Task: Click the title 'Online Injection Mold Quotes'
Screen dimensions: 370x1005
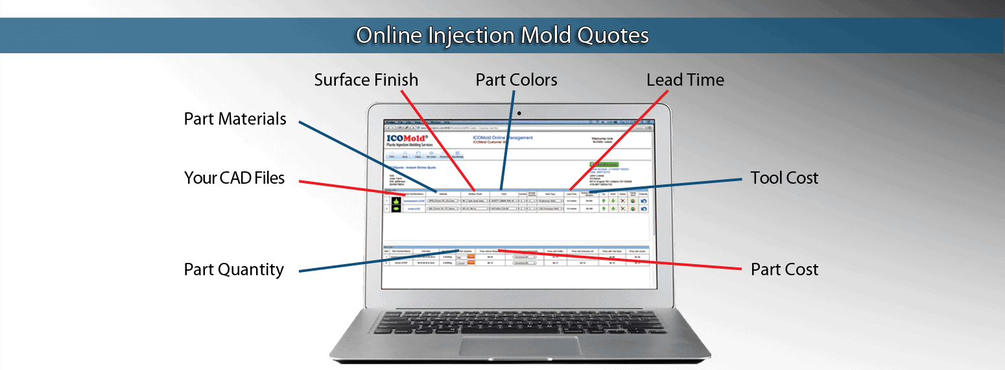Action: tap(503, 35)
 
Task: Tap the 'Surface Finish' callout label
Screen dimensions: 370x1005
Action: tap(366, 80)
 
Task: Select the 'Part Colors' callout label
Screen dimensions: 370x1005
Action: tap(516, 80)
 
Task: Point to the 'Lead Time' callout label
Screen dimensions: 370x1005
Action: tap(685, 80)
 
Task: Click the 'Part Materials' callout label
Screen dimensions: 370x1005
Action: tap(235, 119)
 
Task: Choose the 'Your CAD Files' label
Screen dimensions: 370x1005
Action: tap(234, 178)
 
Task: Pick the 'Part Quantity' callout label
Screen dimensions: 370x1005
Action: tap(233, 269)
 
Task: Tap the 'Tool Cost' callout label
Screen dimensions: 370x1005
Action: tap(784, 178)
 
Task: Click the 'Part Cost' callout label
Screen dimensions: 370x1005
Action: tap(784, 269)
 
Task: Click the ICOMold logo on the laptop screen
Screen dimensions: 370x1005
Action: tap(408, 139)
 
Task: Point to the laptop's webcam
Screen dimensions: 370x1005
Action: tap(519, 113)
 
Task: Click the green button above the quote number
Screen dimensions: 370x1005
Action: tap(604, 165)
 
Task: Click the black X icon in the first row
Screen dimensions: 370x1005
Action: tap(622, 201)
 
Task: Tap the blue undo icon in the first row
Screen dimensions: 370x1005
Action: tap(644, 201)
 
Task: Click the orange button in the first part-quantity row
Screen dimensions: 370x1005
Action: tap(471, 256)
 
